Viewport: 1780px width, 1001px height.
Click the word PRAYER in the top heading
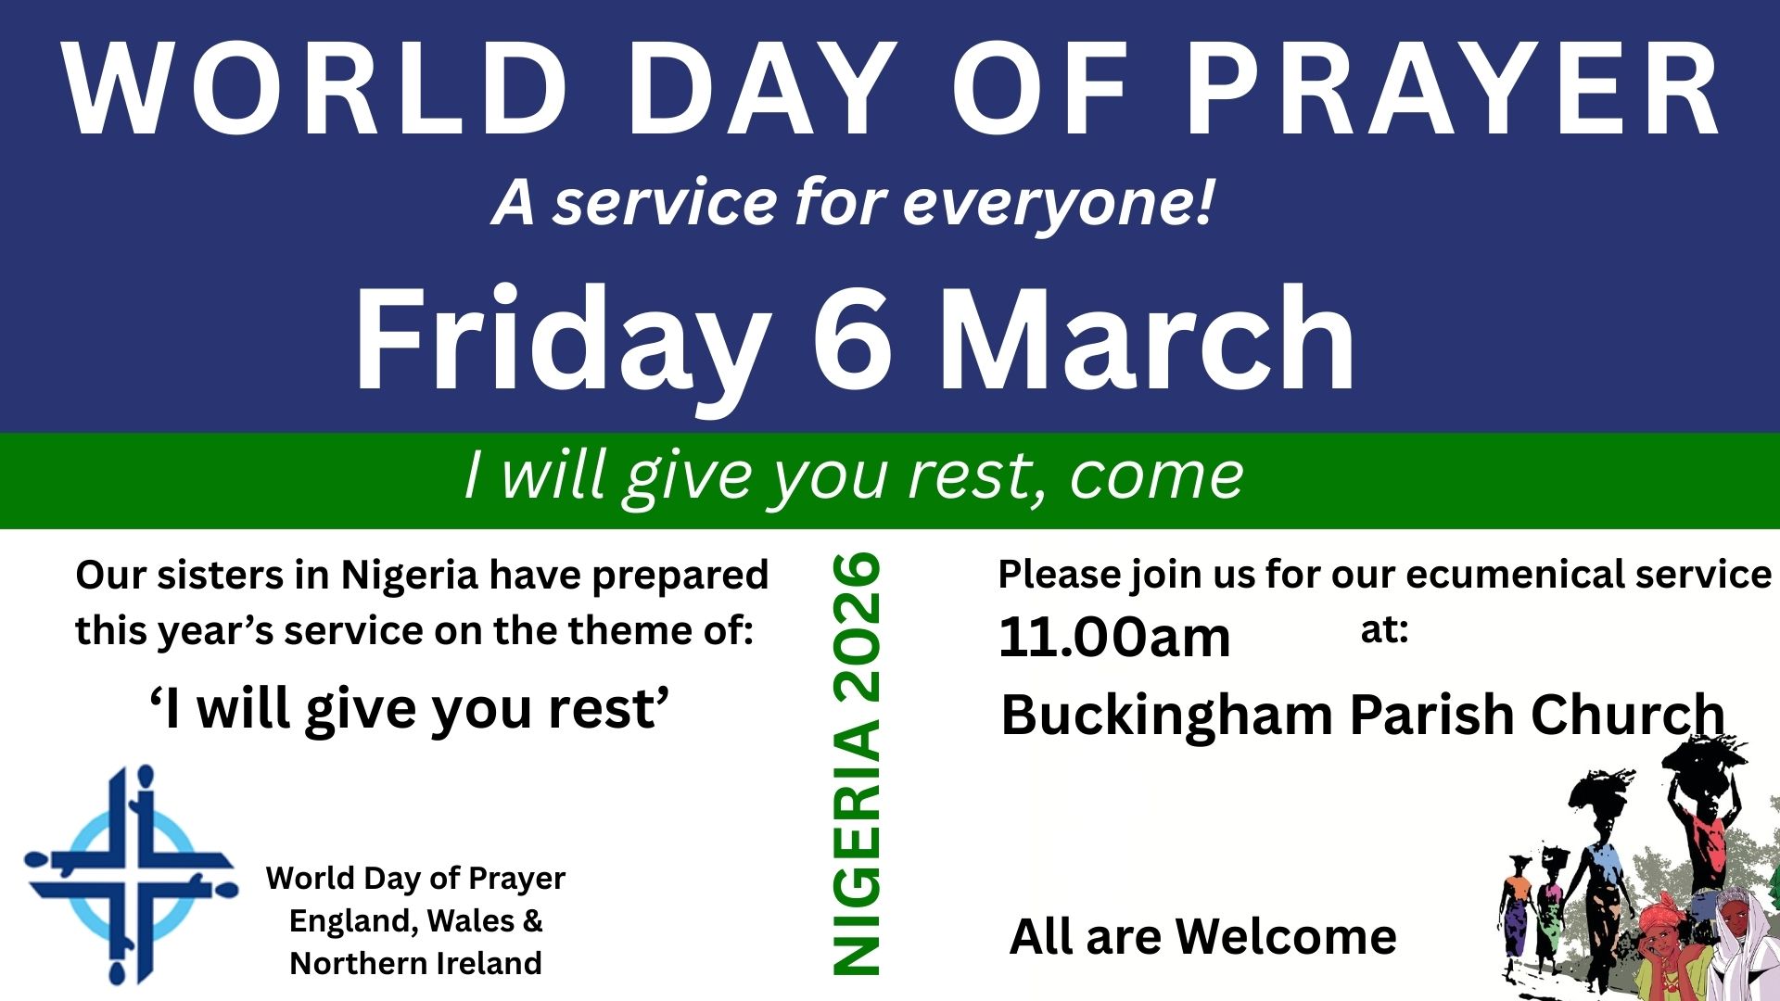pos(1453,91)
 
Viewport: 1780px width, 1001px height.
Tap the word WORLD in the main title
pos(315,91)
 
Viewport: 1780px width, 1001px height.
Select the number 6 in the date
pos(854,339)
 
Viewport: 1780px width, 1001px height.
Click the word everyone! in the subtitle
pos(1058,205)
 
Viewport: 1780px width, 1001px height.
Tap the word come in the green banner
pos(1156,476)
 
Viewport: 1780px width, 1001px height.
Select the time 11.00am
pos(1114,638)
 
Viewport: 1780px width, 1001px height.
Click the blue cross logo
pos(131,874)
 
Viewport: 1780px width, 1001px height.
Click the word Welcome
pos(1286,936)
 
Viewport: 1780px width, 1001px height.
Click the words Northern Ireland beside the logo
pos(415,963)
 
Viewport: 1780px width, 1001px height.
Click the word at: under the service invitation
pos(1384,630)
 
